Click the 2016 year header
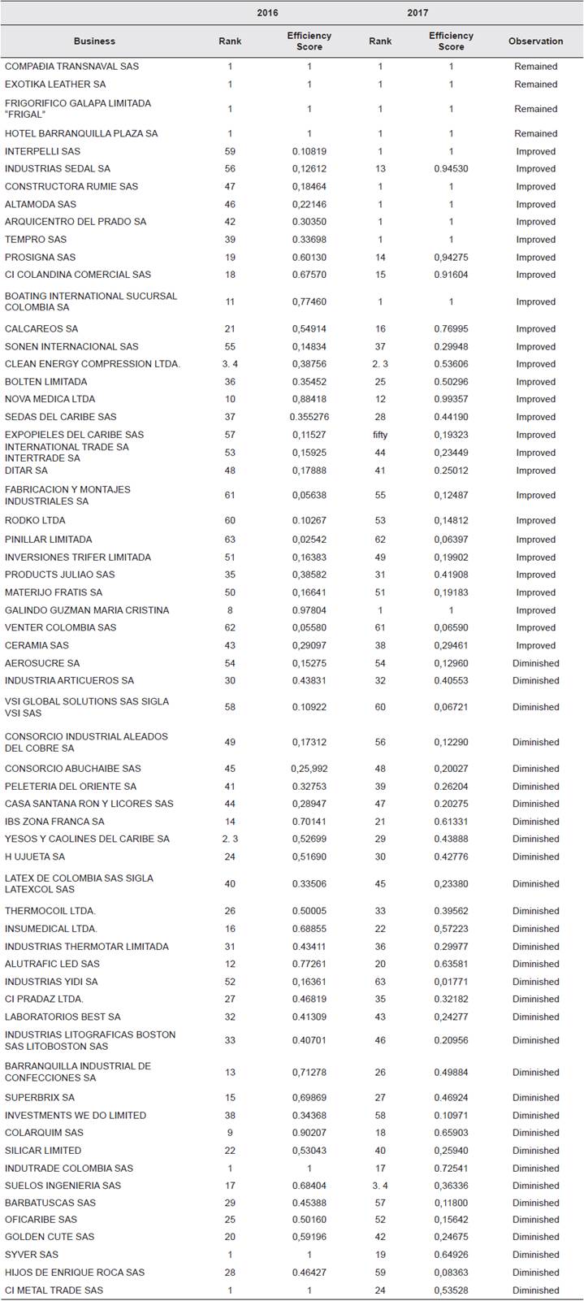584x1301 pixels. tap(267, 13)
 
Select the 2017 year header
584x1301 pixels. tap(417, 13)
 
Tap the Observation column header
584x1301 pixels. tap(535, 41)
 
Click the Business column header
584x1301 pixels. tap(94, 41)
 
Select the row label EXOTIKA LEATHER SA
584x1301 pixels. tap(55, 85)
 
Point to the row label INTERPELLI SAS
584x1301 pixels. tap(42, 151)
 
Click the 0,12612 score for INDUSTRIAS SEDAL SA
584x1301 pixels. tap(309, 169)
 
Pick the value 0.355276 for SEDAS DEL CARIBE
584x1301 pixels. tap(309, 417)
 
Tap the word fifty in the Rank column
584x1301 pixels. tap(380, 435)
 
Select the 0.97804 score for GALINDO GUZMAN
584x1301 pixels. tap(309, 610)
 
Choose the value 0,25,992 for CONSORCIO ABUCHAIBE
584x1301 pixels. tap(309, 769)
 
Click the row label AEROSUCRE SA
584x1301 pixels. tap(42, 663)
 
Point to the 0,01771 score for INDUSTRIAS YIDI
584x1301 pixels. tap(452, 982)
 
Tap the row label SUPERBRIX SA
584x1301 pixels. tap(40, 1098)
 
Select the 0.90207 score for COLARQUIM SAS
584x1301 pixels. tap(309, 1133)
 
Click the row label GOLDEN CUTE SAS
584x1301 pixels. tap(50, 1237)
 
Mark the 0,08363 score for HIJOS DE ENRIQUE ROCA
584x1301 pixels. tap(452, 1273)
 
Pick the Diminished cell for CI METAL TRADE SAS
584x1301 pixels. tap(535, 1290)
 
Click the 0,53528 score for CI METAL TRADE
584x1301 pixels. tap(452, 1290)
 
